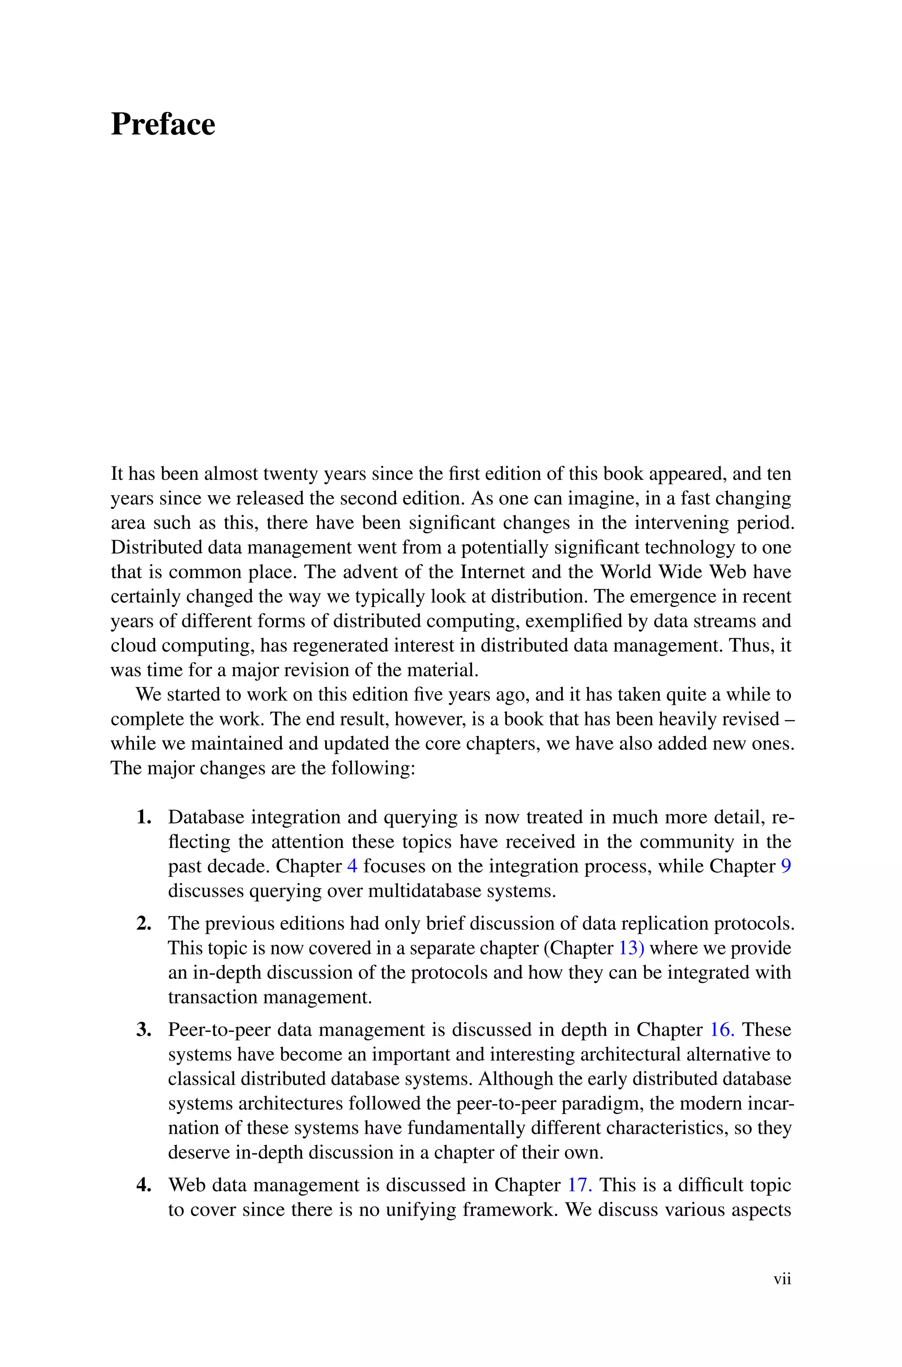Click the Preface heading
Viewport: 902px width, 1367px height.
[163, 124]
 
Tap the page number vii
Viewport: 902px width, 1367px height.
[782, 1279]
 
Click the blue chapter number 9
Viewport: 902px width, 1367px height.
[786, 866]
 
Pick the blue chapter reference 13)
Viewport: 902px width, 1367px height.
[631, 948]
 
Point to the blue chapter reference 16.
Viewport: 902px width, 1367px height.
[722, 1030]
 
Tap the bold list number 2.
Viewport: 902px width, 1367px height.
[144, 924]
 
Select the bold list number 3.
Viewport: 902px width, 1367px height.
[144, 1030]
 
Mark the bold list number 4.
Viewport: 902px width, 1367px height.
[144, 1185]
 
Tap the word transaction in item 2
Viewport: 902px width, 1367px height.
[212, 997]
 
